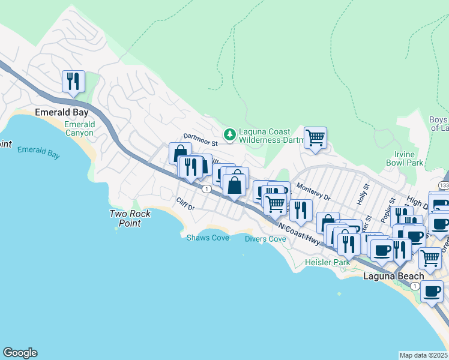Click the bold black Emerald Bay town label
pos(62,112)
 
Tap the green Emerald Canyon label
pos(79,128)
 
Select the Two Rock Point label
pos(130,218)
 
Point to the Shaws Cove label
pos(207,238)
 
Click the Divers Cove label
pos(265,239)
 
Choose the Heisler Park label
pos(327,263)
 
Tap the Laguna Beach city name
pos(394,276)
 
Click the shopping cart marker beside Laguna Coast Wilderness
pos(315,137)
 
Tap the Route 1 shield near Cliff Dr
pos(206,189)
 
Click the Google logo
pos(20,353)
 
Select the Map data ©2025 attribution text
pos(424,355)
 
